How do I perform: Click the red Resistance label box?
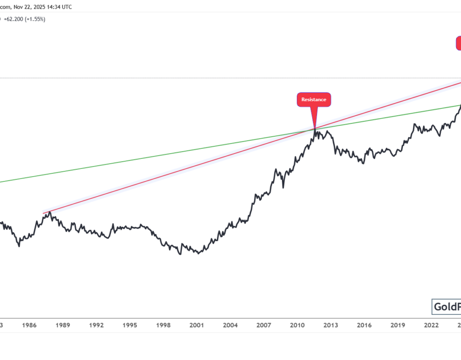314,100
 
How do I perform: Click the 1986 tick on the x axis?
29,325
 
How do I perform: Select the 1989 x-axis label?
63,325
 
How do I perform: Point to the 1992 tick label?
97,325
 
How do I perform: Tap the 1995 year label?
130,325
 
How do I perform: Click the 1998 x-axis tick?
163,325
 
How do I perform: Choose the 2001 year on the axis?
196,325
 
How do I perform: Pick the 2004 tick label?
230,325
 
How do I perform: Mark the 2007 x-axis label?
264,325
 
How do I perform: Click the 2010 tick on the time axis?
297,325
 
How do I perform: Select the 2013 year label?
330,325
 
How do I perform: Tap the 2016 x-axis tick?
364,325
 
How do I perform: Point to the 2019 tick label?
397,325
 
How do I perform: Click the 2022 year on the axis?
431,325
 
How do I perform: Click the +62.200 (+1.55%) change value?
25,19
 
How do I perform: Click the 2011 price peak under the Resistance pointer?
315,129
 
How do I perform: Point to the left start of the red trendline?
43,213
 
